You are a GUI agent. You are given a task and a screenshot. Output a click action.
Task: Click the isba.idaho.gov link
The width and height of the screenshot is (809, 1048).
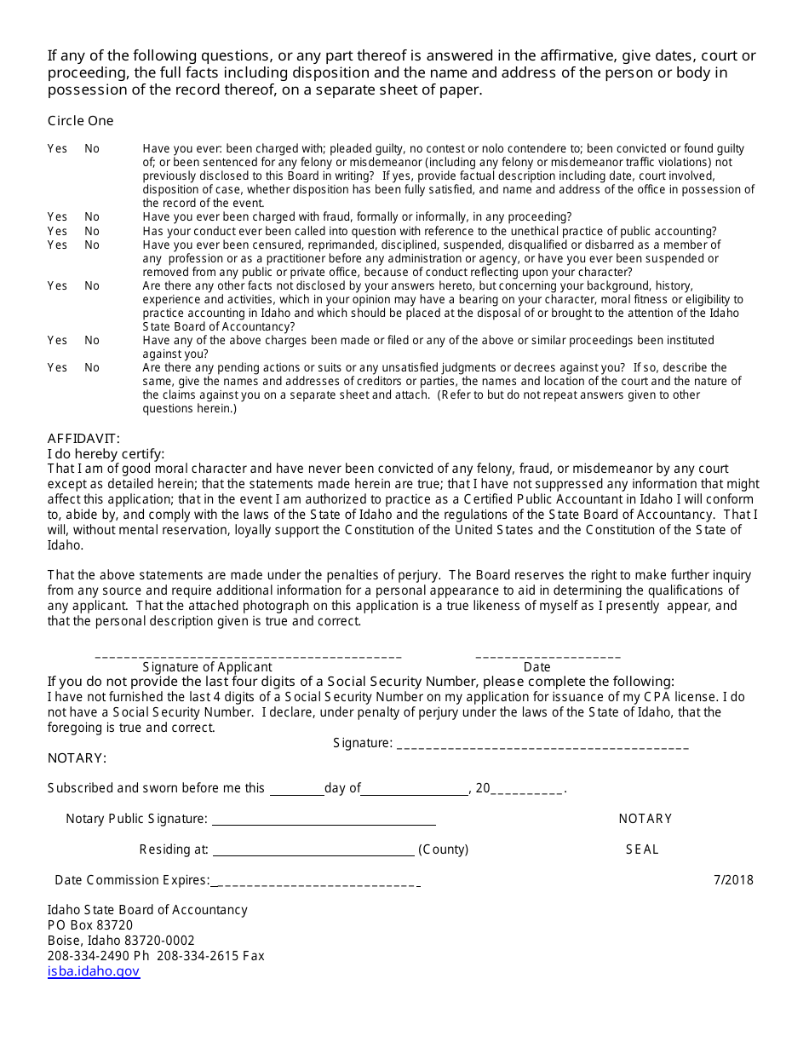[94, 971]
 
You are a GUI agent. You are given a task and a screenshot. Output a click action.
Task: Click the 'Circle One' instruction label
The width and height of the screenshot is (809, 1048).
[80, 121]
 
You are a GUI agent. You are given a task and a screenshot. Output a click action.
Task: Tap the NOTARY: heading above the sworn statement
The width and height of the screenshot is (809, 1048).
[77, 758]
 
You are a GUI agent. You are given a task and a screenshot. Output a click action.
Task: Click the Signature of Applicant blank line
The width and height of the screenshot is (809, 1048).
[248, 656]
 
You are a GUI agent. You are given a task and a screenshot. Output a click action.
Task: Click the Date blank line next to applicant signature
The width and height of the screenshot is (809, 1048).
[548, 656]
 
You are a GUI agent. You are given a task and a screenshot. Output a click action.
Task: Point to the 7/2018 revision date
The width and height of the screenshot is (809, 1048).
[733, 880]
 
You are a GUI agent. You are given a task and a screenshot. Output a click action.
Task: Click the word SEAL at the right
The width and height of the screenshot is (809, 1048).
[642, 849]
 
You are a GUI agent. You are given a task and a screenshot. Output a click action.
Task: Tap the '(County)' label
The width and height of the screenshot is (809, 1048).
[444, 849]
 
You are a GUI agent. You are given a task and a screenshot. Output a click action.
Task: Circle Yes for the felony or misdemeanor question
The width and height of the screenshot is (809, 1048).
[57, 149]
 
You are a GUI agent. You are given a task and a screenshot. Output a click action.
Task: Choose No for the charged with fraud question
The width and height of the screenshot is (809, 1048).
[92, 217]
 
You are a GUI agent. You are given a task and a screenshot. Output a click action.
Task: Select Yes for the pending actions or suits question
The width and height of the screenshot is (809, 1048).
[57, 368]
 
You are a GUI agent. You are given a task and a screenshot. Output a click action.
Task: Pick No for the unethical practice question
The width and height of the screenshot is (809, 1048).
[92, 231]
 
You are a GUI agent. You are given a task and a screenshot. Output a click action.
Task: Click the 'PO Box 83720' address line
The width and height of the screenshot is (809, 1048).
[90, 925]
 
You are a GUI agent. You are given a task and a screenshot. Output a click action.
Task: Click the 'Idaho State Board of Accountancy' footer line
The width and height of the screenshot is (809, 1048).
[147, 910]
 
